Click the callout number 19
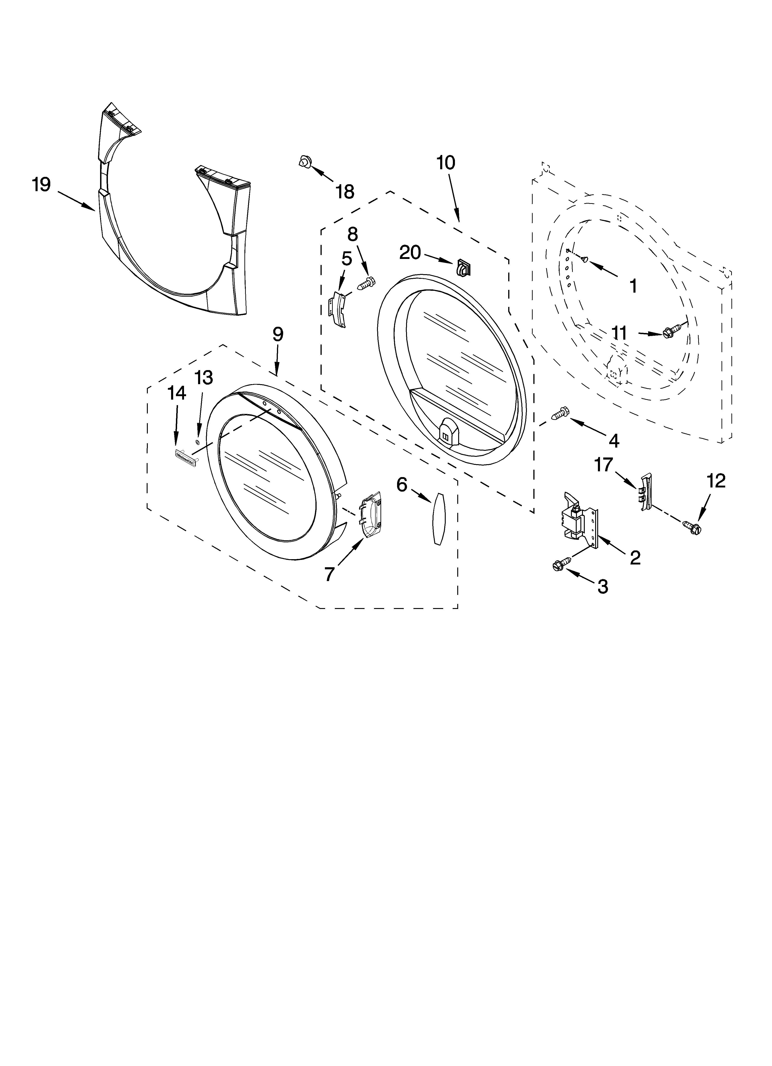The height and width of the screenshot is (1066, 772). (41, 185)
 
